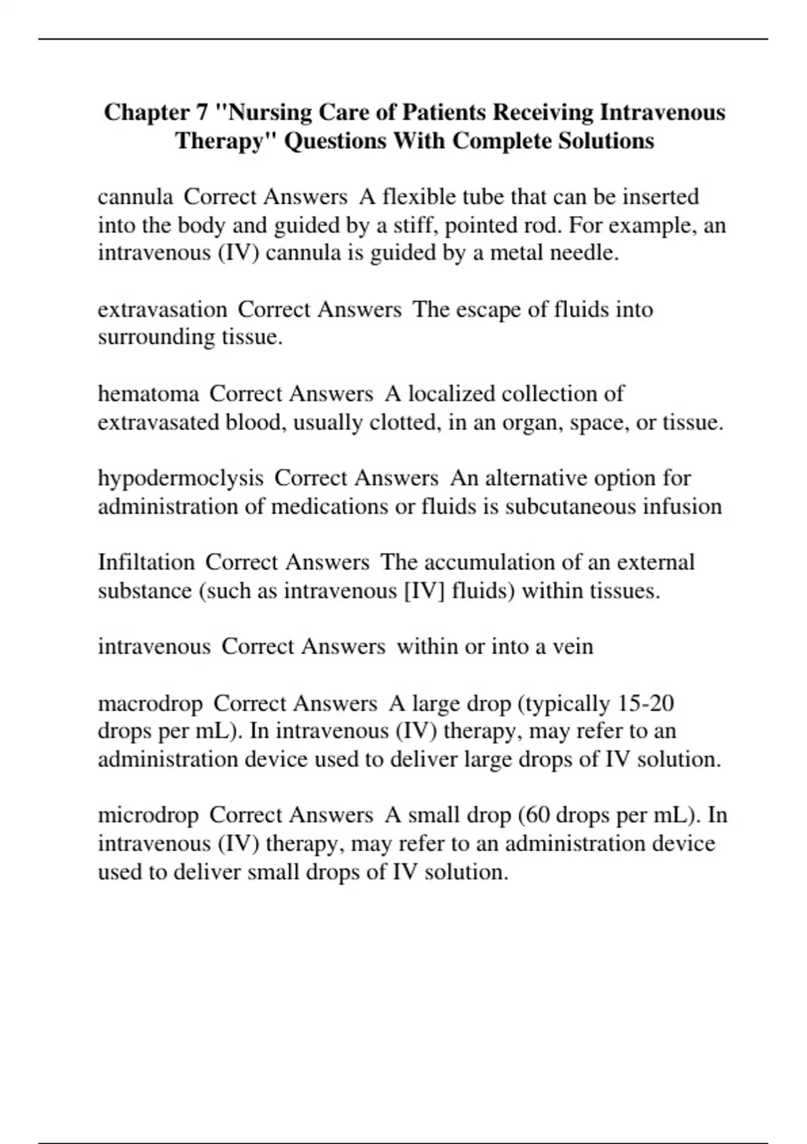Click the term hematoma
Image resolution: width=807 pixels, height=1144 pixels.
(148, 394)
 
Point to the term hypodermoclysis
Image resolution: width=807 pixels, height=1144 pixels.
(180, 478)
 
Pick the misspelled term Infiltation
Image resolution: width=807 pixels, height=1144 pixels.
(146, 562)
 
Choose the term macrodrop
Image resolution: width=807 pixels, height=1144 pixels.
(150, 704)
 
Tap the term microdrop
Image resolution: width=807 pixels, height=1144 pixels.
(148, 815)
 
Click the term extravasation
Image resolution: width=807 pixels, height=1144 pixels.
(162, 310)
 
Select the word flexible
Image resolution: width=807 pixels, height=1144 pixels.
(416, 196)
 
